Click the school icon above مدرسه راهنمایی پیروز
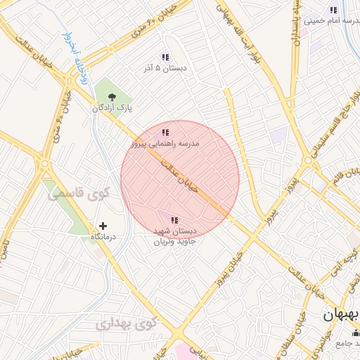[x=165, y=132]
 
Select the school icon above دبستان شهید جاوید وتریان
[x=174, y=220]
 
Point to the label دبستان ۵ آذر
[x=164, y=67]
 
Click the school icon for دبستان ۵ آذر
[x=165, y=57]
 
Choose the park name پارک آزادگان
[x=112, y=108]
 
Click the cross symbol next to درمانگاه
[x=103, y=226]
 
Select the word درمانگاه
[x=103, y=238]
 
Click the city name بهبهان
[x=341, y=316]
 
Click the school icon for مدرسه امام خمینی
[x=333, y=10]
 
